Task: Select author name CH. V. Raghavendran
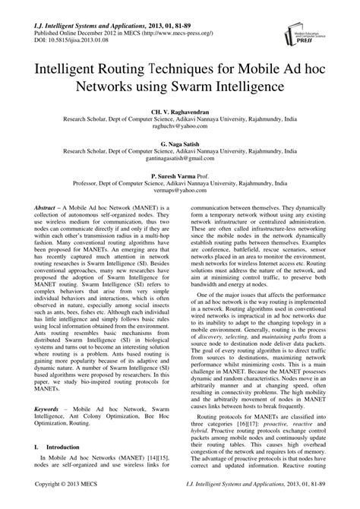pos(180,112)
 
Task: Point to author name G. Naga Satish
pos(180,144)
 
